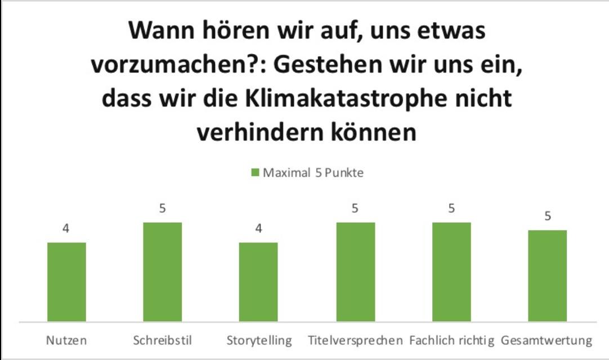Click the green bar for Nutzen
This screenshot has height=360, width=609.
click(x=66, y=282)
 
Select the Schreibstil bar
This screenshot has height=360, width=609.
click(x=162, y=272)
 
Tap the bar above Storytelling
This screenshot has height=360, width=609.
click(x=258, y=282)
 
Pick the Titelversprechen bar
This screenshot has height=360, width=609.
click(x=356, y=272)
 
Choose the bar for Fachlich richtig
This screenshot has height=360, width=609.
click(x=451, y=272)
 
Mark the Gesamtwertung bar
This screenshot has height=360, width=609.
click(x=548, y=276)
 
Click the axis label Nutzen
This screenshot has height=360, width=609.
click(x=66, y=341)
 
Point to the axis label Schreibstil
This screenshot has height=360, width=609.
click(x=162, y=341)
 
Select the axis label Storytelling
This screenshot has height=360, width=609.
click(x=259, y=341)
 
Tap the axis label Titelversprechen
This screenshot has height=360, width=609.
click(x=356, y=341)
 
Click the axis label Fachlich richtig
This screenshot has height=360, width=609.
click(x=451, y=341)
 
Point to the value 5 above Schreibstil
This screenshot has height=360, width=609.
click(x=162, y=209)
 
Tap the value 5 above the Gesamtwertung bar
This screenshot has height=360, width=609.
click(x=548, y=217)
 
